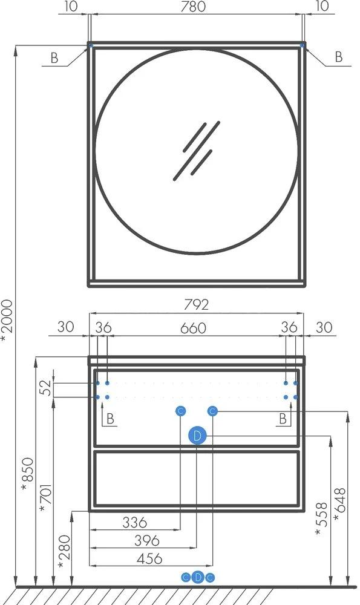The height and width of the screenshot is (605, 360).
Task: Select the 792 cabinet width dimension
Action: click(x=197, y=305)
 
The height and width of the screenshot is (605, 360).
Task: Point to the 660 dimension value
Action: click(x=194, y=328)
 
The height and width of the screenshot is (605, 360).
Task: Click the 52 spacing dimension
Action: click(x=45, y=388)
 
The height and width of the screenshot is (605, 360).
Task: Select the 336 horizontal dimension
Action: click(x=135, y=523)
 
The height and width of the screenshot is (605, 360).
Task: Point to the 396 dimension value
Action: click(x=147, y=540)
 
